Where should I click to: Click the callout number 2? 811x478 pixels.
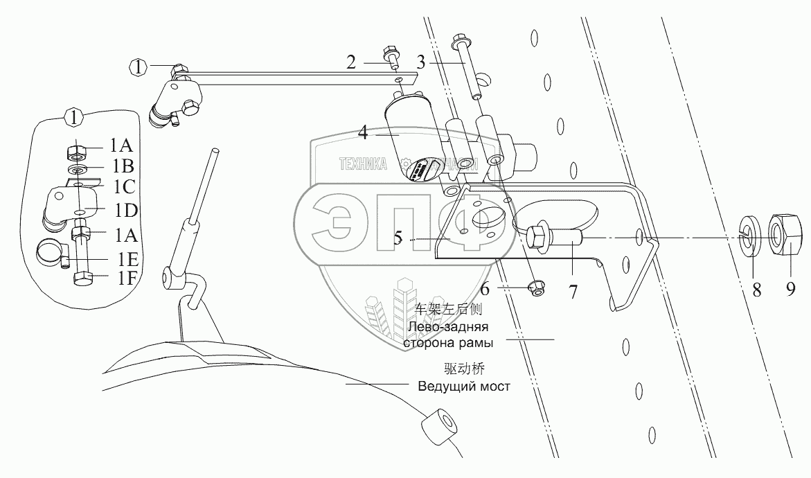(351, 63)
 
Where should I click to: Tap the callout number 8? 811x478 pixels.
(756, 290)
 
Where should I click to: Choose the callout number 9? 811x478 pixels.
(791, 290)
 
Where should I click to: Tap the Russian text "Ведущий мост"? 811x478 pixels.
(464, 386)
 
